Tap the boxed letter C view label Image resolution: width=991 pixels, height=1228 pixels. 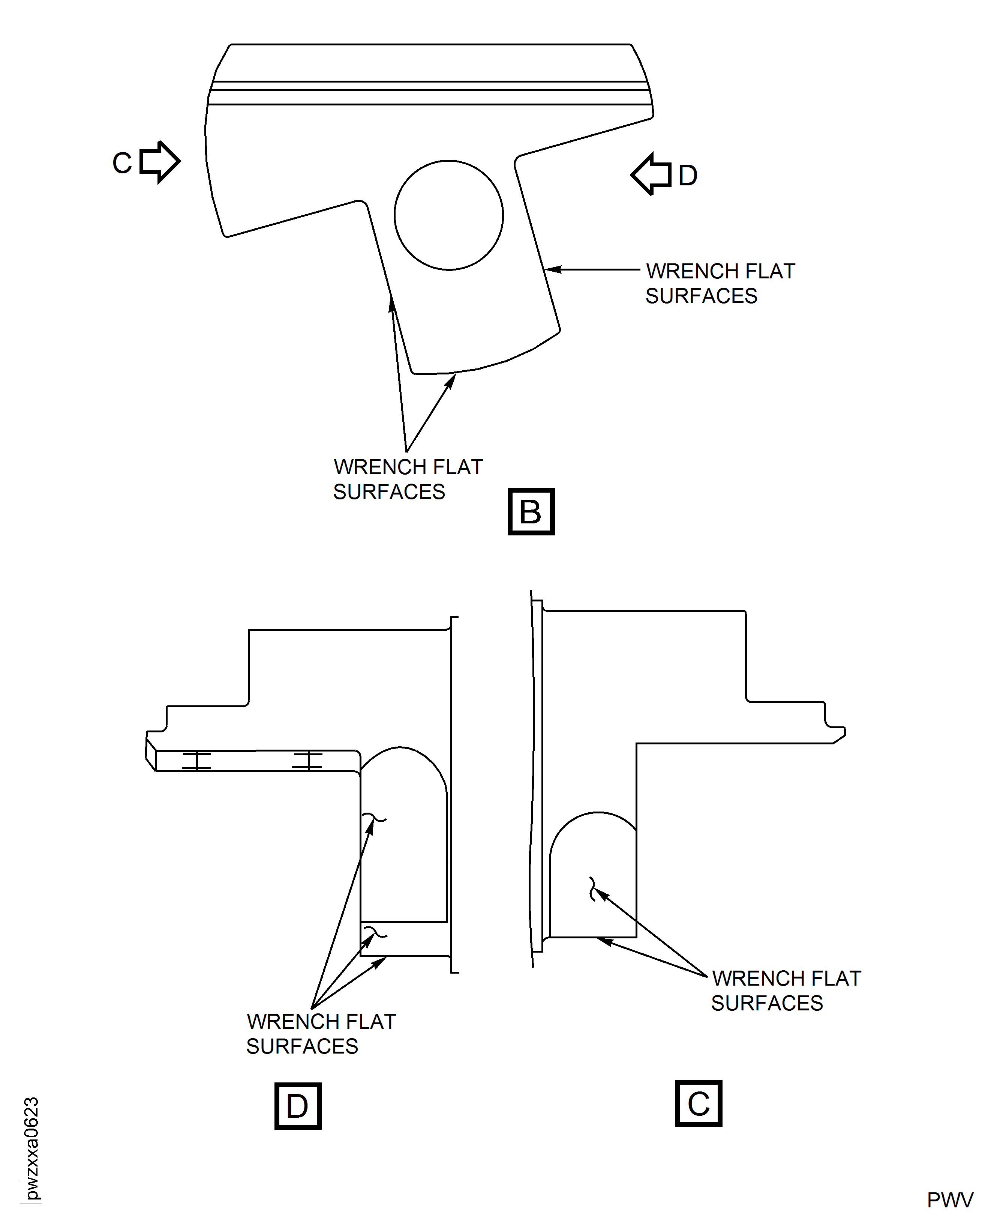click(x=698, y=1103)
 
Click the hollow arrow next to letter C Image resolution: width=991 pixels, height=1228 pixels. click(x=160, y=162)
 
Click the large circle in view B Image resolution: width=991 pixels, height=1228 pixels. click(x=449, y=215)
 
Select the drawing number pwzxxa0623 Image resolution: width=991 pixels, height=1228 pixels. click(x=31, y=1148)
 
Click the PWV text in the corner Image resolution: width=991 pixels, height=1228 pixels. click(x=949, y=1200)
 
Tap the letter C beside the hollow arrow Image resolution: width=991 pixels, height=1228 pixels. click(x=122, y=163)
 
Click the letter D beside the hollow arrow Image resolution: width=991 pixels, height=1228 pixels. click(x=688, y=175)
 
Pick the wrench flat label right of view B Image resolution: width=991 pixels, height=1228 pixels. click(x=720, y=283)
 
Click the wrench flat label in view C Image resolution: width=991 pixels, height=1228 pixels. click(x=786, y=991)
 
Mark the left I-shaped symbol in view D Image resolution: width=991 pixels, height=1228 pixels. click(x=196, y=761)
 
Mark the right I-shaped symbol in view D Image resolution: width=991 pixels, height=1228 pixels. click(x=307, y=761)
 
